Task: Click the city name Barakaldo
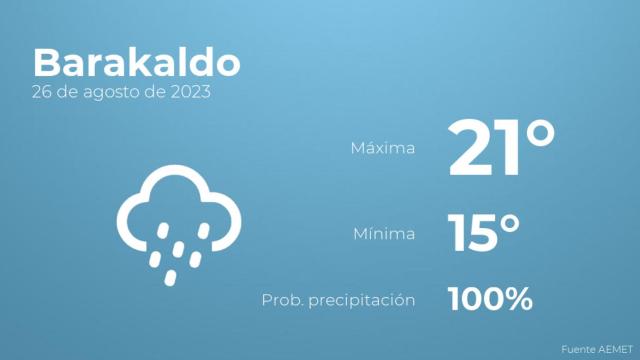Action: tap(136, 62)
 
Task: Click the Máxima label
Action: tap(382, 148)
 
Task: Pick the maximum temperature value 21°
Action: tap(500, 148)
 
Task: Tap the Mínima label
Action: tap(384, 234)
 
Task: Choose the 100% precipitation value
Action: tap(490, 298)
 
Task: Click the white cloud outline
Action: tap(178, 205)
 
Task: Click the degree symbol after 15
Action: tap(510, 222)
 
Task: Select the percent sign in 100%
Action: tap(517, 298)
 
